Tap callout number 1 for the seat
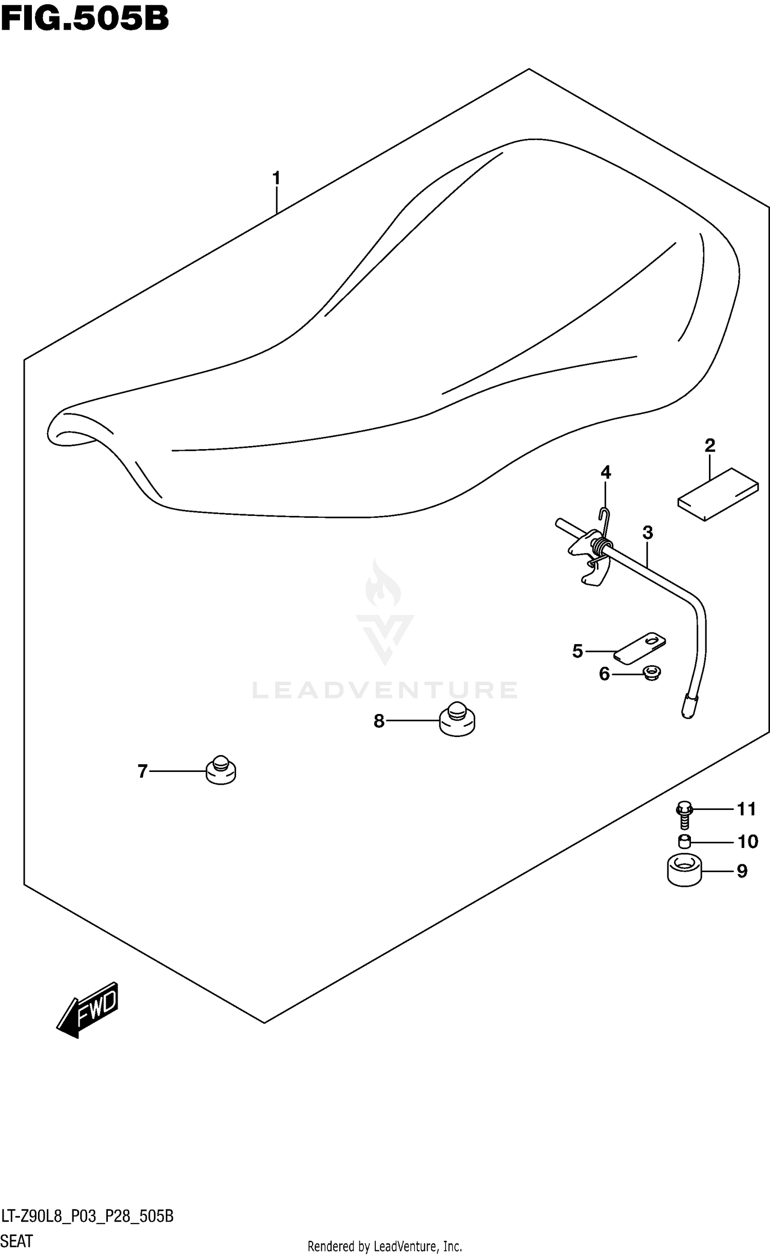coord(276,179)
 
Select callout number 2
coord(709,446)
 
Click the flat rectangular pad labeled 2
coord(718,494)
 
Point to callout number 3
coord(647,533)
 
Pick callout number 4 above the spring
coord(606,472)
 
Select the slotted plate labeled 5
coord(640,648)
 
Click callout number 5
coord(577,651)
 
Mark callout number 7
coord(142,771)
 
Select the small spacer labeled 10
coord(684,842)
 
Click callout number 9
coord(742,871)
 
